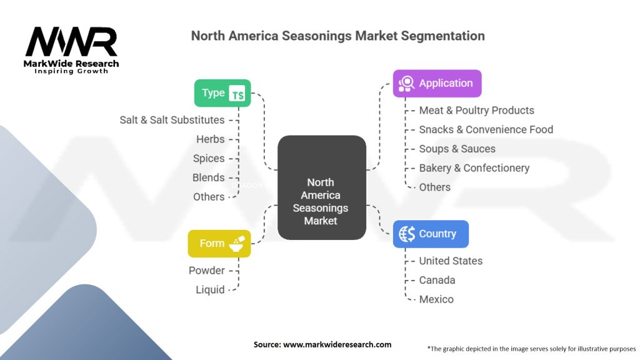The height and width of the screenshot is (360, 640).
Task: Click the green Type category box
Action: click(222, 93)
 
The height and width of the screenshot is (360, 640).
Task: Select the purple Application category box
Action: click(437, 83)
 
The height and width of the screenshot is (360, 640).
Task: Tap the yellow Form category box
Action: click(219, 244)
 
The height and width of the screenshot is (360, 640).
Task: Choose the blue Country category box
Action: click(431, 234)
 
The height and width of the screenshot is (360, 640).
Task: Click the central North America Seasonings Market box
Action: click(322, 187)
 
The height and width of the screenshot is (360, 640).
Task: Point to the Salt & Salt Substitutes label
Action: click(172, 120)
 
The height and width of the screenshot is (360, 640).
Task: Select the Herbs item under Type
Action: click(210, 139)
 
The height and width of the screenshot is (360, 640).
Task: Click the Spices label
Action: click(209, 158)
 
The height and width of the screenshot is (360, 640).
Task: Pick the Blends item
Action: click(208, 177)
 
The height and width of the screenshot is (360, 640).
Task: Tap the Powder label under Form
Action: click(206, 271)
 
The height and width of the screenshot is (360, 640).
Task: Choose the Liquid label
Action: click(210, 290)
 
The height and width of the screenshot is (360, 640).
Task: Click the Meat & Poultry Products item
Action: click(476, 110)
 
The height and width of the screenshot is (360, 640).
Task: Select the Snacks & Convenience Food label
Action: click(486, 129)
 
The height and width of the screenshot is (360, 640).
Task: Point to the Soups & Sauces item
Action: click(457, 149)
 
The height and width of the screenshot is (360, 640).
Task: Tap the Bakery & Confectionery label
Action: click(474, 167)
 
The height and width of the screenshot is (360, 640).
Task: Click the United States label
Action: click(451, 261)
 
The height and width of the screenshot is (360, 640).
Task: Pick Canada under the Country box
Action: click(437, 280)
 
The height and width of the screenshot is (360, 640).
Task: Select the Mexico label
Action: click(436, 299)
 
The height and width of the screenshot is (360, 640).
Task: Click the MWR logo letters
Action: click(71, 42)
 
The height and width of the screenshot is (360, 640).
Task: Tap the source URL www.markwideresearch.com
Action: click(337, 344)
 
